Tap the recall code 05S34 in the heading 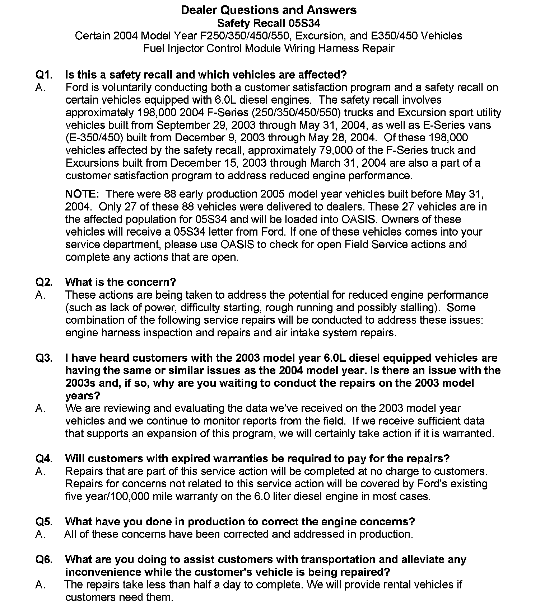[x=304, y=23]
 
